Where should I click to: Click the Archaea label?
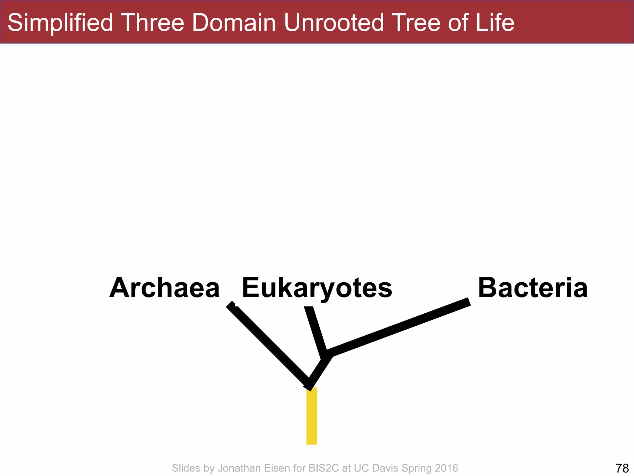[164, 288]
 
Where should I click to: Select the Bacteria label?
[532, 288]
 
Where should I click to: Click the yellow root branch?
[311, 416]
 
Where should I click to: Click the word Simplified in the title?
[60, 23]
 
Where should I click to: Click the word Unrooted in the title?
[334, 23]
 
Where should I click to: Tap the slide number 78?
[622, 468]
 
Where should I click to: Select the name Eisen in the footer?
[277, 468]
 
